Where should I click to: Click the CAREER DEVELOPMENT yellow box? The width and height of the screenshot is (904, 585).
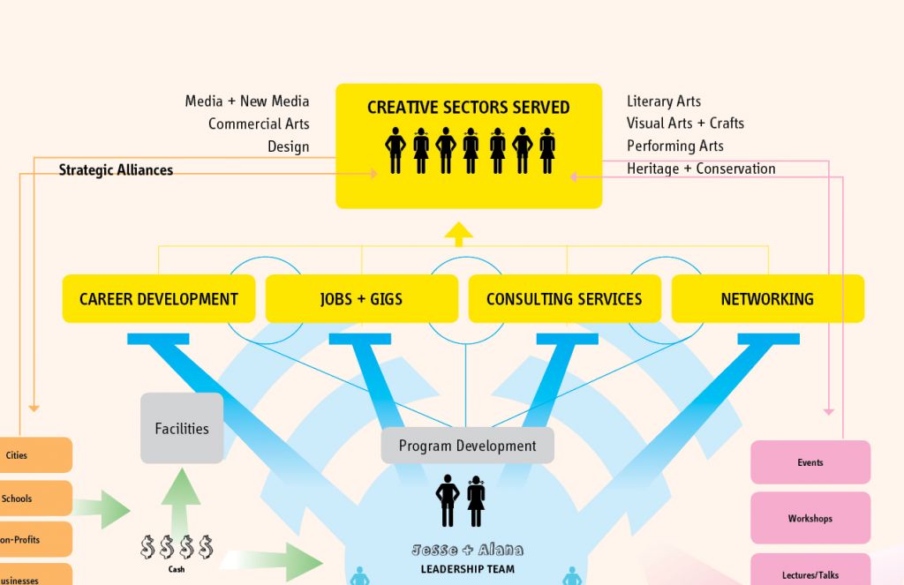(x=159, y=298)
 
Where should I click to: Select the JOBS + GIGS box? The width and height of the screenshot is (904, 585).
(x=361, y=298)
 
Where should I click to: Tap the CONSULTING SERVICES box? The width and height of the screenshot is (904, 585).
(x=564, y=298)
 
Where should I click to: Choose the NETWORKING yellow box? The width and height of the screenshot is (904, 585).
(x=767, y=298)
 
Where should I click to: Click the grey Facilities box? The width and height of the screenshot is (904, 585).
(x=182, y=429)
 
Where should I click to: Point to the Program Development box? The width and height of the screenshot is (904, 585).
(x=467, y=446)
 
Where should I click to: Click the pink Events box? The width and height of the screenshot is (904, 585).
(x=810, y=462)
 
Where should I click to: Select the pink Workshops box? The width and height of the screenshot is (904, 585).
(x=810, y=518)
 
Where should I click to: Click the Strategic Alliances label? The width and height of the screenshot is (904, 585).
(x=116, y=169)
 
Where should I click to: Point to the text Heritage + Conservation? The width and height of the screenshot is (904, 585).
(x=701, y=169)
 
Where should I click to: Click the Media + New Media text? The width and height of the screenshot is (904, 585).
(x=247, y=101)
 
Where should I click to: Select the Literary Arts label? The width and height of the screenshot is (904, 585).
(x=664, y=101)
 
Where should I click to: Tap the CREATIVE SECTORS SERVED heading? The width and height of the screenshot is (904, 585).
(x=468, y=108)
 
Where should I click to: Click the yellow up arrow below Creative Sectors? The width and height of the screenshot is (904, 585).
(x=458, y=234)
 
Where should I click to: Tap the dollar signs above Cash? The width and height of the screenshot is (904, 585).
(x=177, y=548)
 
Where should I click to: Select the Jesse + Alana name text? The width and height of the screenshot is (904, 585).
(x=467, y=551)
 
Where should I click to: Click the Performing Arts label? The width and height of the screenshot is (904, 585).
(x=674, y=146)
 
